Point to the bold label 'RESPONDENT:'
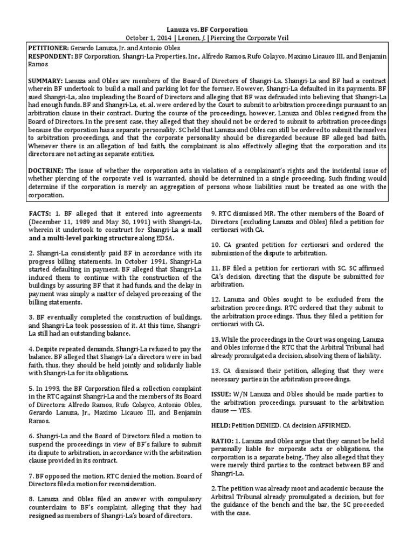(x=49, y=56)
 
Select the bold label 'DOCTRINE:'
(x=45, y=170)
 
